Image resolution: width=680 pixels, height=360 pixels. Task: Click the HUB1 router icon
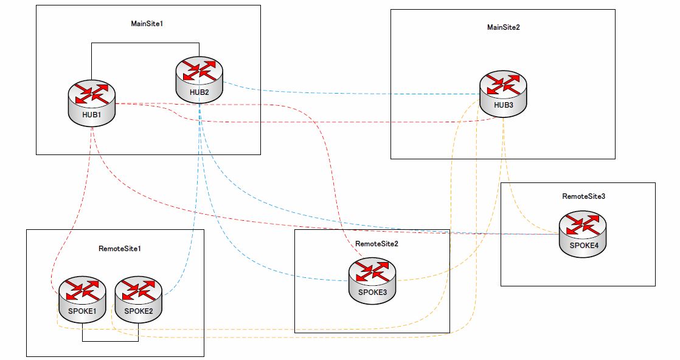[x=92, y=103]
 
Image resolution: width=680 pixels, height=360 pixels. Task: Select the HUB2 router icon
[x=199, y=80]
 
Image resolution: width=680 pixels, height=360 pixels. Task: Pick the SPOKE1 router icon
[x=82, y=300]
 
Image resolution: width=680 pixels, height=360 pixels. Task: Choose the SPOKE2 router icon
[x=138, y=300]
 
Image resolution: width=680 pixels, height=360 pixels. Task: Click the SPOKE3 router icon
[x=372, y=280]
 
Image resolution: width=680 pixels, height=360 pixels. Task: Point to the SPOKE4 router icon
[x=583, y=234]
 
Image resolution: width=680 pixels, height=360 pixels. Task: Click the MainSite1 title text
[x=147, y=24]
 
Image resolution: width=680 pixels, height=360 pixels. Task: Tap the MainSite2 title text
[x=504, y=27]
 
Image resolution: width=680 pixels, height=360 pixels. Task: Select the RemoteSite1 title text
[x=120, y=249]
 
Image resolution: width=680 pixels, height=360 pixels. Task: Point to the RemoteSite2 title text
[x=377, y=244]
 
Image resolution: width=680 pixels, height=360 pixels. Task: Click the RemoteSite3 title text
[x=584, y=196]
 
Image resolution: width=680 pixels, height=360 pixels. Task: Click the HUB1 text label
[x=91, y=115]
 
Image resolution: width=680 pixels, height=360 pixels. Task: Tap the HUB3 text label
[x=503, y=105]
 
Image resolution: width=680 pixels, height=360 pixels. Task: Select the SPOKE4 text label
[x=584, y=246]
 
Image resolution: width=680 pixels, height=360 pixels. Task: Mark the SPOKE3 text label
[x=372, y=292]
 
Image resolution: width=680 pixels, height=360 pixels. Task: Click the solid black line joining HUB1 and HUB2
[x=145, y=43]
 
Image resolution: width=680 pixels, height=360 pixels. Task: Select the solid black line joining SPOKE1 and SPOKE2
[x=111, y=341]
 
